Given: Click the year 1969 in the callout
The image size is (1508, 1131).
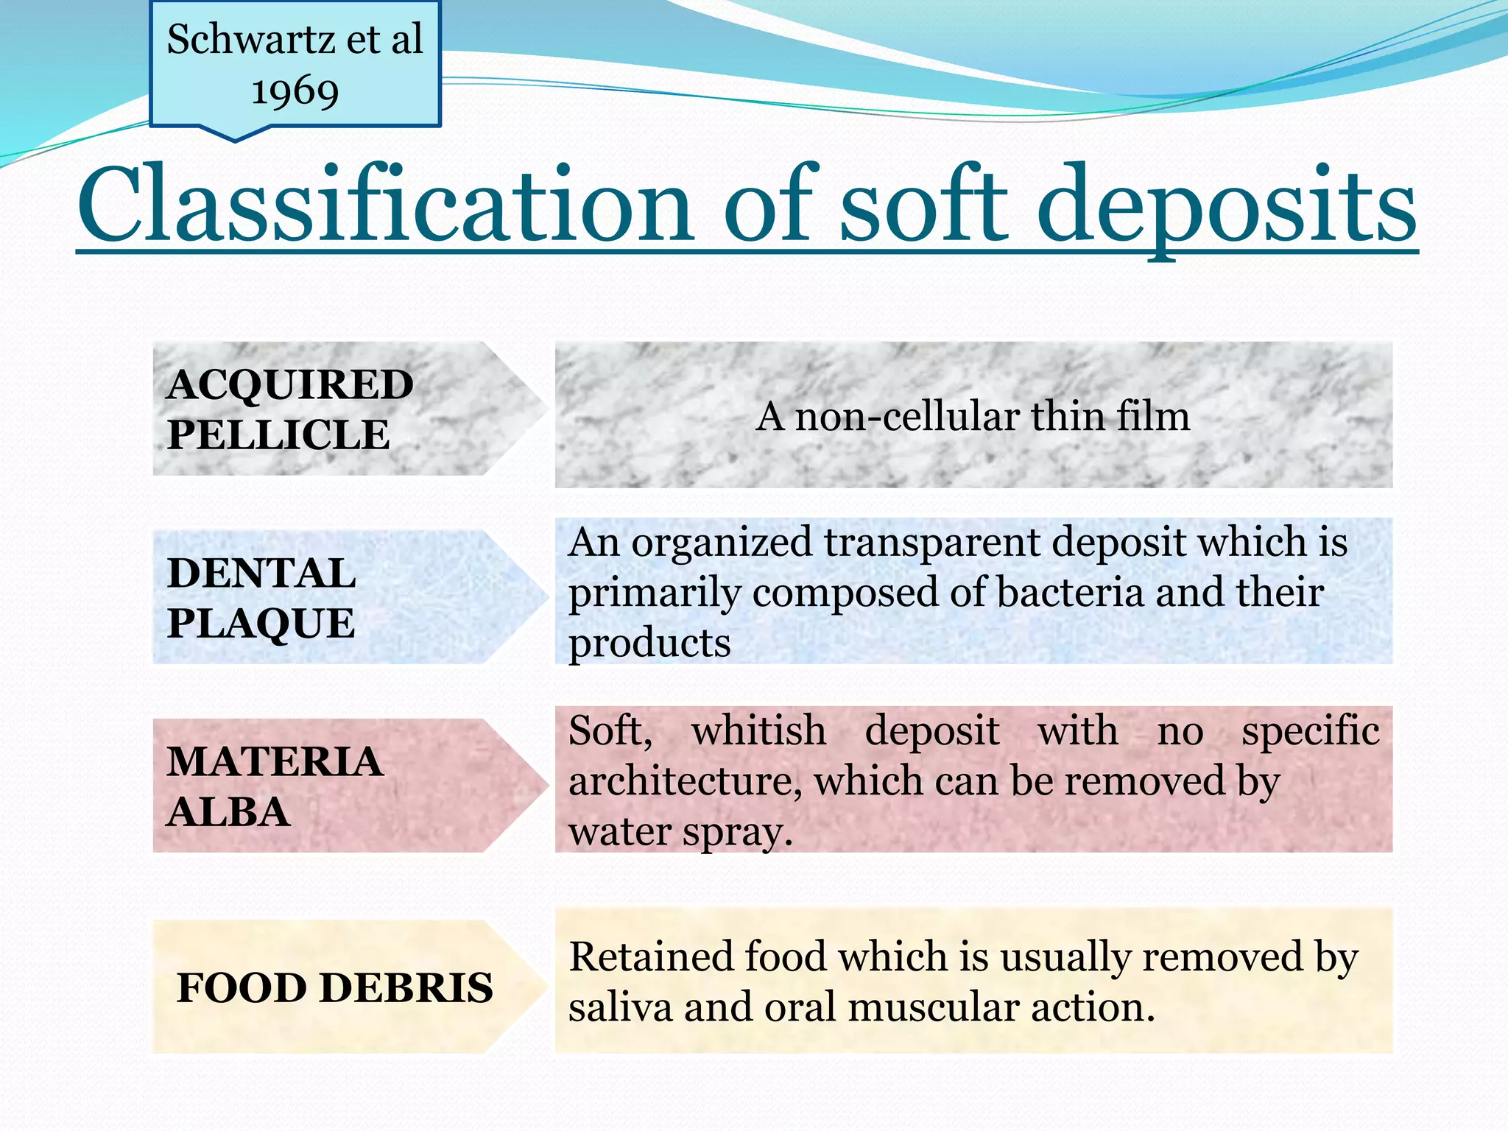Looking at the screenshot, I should (295, 92).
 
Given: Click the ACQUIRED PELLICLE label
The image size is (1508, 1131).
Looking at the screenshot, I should (289, 409).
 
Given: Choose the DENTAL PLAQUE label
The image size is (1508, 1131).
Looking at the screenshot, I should (261, 598).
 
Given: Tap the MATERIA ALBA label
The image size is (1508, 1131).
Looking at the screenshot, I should (274, 786).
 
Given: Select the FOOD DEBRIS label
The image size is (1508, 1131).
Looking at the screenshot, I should (334, 987).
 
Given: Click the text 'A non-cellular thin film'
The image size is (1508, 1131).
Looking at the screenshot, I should (972, 417).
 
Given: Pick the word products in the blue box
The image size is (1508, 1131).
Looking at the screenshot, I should (649, 643).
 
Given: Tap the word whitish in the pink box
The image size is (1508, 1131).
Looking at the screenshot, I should (758, 731).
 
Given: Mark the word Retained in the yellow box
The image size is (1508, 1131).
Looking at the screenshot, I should (652, 957).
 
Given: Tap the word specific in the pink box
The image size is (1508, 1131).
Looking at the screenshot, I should (1310, 731).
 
